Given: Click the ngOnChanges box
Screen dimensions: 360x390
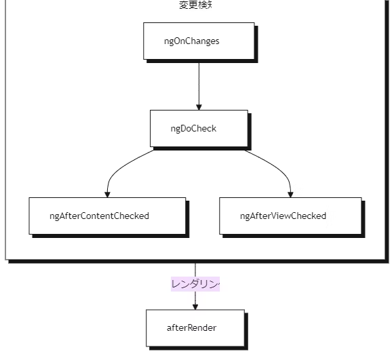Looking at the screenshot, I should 198,41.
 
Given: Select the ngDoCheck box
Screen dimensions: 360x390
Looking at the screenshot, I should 198,128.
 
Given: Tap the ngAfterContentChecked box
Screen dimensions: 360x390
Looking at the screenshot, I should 107,216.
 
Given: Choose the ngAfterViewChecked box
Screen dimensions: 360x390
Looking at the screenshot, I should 290,216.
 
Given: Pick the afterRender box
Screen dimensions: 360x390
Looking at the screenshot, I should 195,327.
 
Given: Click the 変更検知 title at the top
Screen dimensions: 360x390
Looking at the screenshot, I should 195,5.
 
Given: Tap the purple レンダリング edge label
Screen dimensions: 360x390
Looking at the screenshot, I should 195,284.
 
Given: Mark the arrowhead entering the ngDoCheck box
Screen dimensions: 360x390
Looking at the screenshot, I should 198,106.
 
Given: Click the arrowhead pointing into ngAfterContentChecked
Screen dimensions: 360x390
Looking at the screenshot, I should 107,194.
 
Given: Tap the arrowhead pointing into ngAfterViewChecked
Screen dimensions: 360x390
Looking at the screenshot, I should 290,194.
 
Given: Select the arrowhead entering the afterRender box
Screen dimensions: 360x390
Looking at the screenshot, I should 195,306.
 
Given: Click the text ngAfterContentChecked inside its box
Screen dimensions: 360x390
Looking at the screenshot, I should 99,216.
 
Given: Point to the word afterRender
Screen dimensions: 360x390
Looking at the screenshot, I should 191,327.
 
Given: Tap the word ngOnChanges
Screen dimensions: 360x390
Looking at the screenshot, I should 191,41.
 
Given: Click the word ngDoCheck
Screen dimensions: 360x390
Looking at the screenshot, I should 193,128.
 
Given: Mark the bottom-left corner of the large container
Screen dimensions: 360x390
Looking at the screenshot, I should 7,258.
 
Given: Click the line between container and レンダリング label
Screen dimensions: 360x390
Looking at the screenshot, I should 195,269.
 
